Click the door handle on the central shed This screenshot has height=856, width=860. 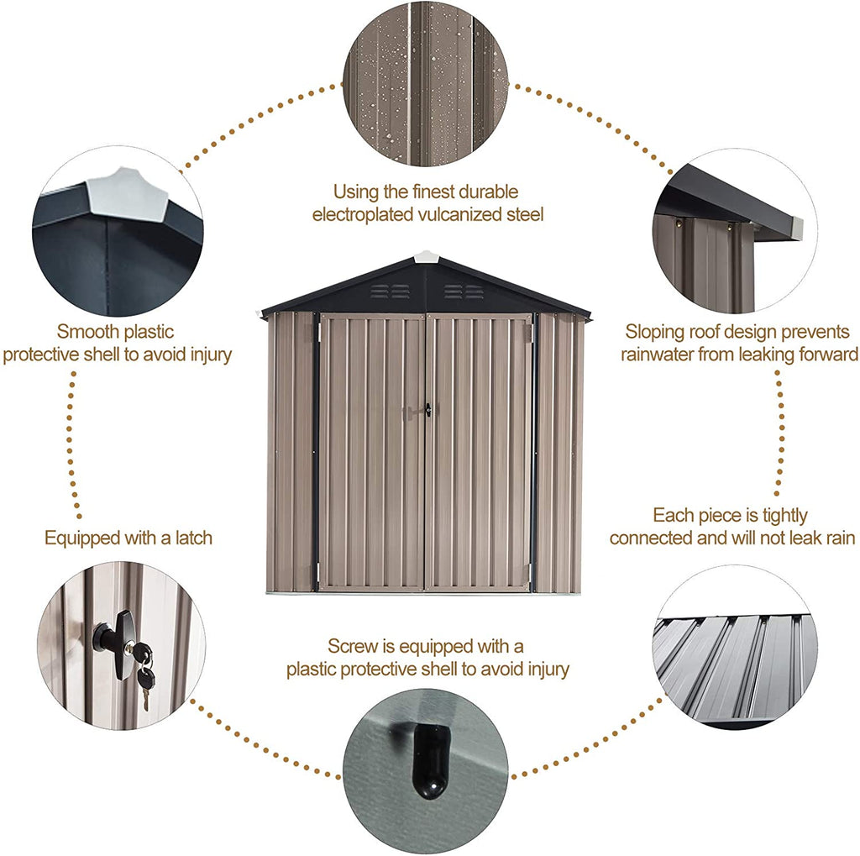(427, 410)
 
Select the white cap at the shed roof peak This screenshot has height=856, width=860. (426, 255)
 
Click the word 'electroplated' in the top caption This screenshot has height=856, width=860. (354, 215)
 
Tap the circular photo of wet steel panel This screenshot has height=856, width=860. (425, 84)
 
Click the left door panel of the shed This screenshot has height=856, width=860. (371, 454)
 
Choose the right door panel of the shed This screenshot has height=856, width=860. (479, 454)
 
